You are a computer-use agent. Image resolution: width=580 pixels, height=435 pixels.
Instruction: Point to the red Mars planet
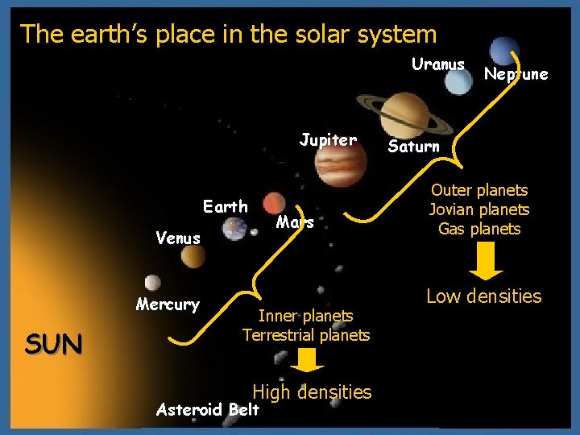click(273, 204)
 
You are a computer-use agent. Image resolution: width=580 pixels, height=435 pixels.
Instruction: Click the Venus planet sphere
click(193, 257)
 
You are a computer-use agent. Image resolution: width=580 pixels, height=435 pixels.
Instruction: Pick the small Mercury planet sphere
click(152, 282)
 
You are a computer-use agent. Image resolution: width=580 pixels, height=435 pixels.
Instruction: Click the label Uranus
click(437, 64)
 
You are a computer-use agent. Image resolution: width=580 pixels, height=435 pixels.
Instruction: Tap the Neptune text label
click(516, 74)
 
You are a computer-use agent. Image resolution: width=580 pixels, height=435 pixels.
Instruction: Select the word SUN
click(53, 345)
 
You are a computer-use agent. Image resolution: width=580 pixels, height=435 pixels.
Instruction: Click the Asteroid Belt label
click(208, 410)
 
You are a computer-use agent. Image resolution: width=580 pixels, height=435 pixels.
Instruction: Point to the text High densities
click(312, 392)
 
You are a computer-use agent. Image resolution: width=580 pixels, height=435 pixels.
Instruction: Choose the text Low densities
click(483, 296)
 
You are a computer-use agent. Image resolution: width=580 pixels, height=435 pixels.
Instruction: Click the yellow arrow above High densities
click(305, 360)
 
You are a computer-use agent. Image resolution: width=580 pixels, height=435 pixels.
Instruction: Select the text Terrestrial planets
click(306, 335)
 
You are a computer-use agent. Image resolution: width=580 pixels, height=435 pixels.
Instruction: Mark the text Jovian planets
click(479, 209)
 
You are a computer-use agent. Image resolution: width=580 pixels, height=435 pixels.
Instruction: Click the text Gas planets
click(479, 229)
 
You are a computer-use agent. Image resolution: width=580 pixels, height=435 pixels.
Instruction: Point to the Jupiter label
click(328, 140)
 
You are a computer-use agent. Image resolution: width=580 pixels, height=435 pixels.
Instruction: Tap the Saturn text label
click(414, 147)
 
